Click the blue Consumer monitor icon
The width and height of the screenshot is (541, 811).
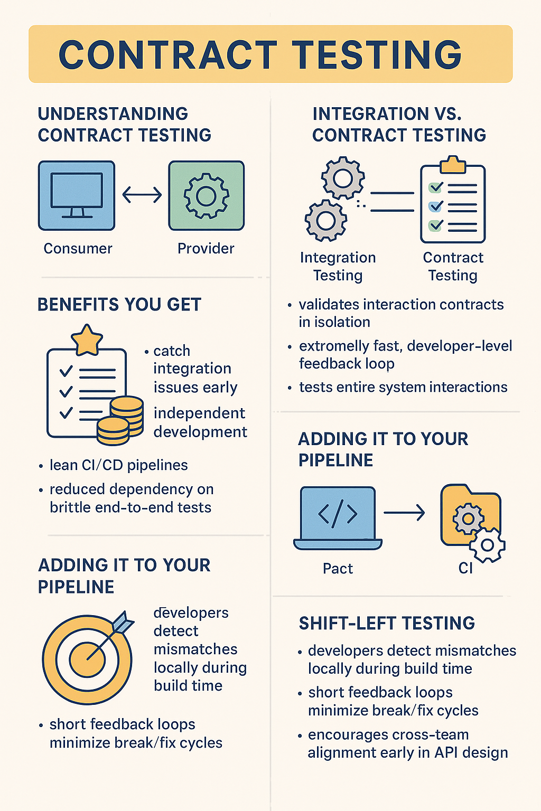coord(77,195)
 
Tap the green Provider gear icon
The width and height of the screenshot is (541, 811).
coord(206,195)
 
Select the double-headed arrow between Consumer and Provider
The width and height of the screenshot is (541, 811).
coord(142,195)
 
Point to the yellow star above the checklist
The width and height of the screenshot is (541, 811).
coord(87,341)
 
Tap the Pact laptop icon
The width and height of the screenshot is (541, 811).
coord(338,517)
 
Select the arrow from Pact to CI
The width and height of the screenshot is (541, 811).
coord(404,512)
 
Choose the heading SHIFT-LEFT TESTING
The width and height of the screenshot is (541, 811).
coord(387,623)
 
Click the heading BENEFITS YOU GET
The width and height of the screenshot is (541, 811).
coord(119,305)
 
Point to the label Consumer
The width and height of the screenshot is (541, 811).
coord(78,248)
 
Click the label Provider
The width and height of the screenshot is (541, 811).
coord(206,248)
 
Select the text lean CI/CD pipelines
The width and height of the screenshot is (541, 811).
coord(118,465)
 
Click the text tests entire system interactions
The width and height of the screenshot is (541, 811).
coord(403,387)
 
